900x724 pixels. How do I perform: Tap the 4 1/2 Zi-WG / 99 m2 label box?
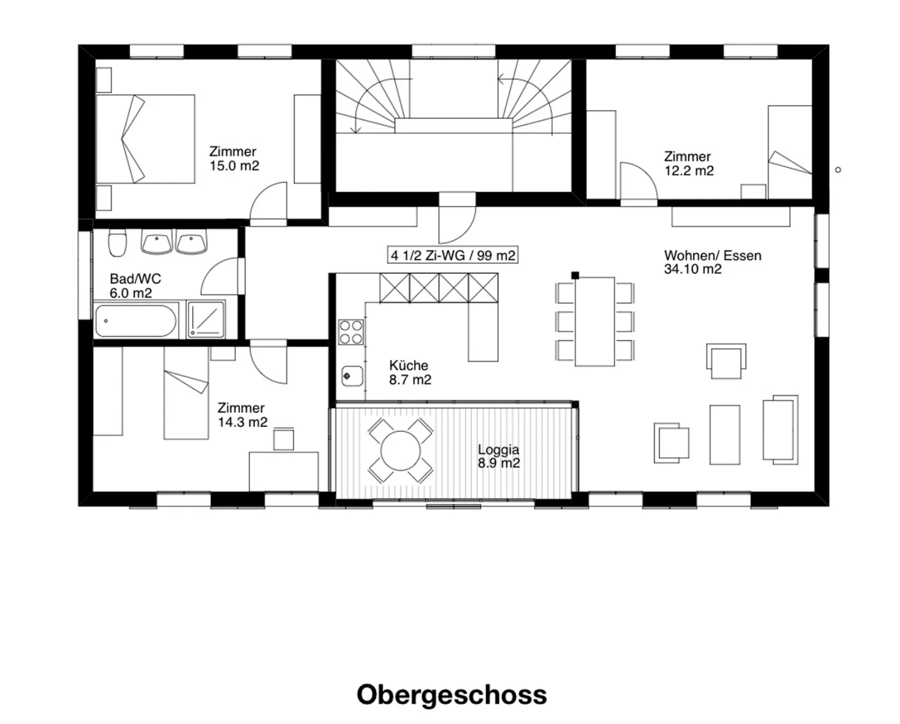(453, 254)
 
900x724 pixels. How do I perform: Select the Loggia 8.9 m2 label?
(498, 456)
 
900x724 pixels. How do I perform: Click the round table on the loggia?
(400, 450)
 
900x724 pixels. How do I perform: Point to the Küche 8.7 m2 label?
(410, 372)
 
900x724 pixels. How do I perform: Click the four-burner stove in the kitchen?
(351, 332)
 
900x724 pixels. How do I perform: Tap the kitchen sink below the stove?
(352, 376)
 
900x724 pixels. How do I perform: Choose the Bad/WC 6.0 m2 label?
(135, 286)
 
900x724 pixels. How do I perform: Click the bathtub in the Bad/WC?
(136, 321)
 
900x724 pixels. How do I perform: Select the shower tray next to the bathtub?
(206, 320)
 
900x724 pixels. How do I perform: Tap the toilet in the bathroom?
(118, 243)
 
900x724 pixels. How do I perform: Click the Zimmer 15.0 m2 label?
(234, 159)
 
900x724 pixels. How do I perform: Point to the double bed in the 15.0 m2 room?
(146, 139)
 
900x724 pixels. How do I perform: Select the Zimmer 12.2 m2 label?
(689, 164)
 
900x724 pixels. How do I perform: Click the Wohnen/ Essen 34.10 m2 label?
(713, 262)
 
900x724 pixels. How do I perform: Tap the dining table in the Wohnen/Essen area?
(595, 321)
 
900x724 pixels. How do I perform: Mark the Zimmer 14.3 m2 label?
(242, 415)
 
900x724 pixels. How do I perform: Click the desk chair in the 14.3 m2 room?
(283, 439)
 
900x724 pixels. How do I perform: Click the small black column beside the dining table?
(575, 275)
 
